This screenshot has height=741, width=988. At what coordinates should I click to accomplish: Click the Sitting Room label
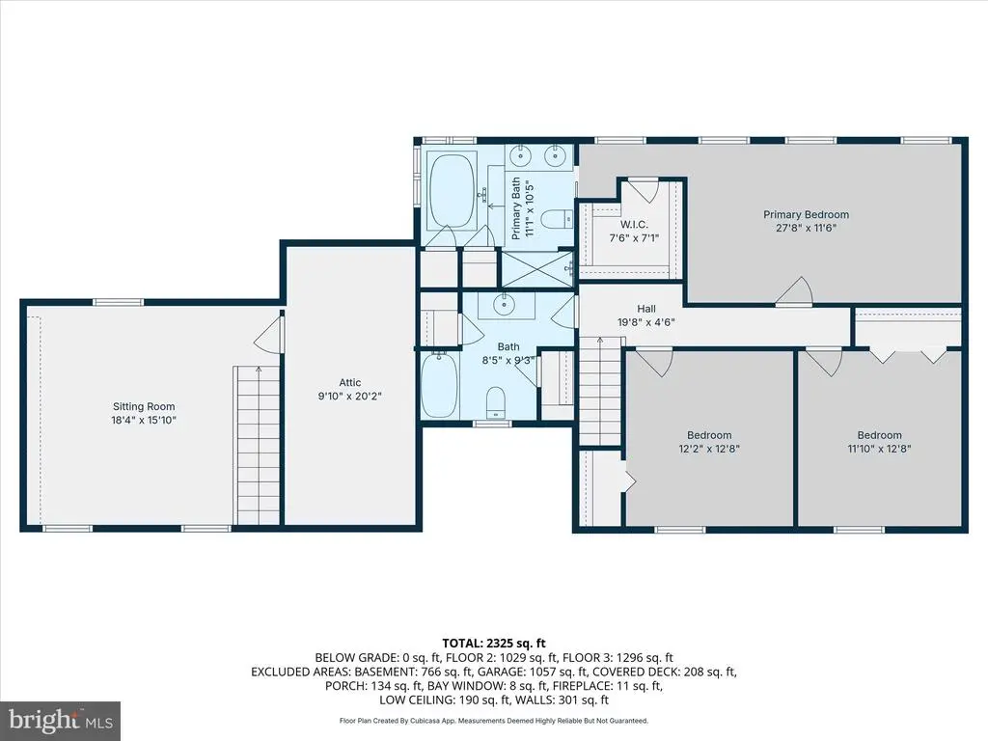144,406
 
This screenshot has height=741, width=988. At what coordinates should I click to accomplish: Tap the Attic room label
349,382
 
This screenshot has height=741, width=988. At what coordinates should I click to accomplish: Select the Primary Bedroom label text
806,214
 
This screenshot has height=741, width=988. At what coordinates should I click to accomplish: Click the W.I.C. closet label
633,224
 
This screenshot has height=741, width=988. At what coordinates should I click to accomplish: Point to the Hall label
645,309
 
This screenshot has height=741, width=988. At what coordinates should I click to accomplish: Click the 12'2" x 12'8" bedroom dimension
709,449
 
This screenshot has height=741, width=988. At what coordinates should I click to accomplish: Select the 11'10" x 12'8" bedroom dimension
879,449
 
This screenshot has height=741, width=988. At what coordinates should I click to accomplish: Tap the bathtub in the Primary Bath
452,190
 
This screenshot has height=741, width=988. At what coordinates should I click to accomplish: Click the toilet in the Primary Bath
557,219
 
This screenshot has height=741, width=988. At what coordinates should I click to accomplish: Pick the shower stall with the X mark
536,269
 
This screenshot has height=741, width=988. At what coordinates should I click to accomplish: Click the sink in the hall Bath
504,305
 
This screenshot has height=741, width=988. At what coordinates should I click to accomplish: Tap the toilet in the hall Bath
497,402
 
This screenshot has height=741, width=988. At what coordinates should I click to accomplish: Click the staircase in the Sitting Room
257,445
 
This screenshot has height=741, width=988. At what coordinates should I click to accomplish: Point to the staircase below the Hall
600,392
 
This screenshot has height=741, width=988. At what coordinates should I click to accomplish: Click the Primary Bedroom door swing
794,291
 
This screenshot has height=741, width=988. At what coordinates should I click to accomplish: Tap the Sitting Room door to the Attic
269,334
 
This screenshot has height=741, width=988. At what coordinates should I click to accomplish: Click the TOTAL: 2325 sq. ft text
494,644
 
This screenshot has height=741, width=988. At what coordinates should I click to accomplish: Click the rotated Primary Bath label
522,208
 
